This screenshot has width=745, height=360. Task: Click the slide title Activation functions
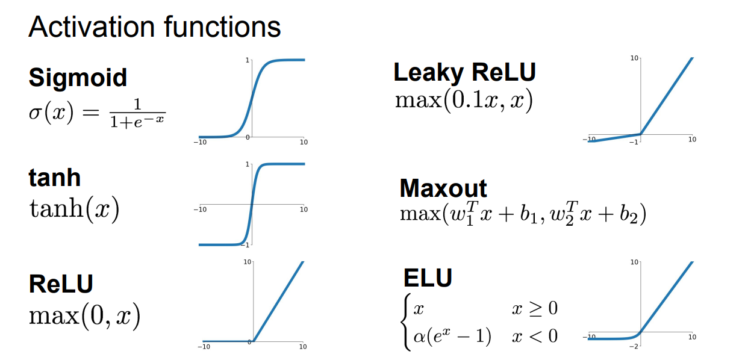pyautogui.click(x=154, y=27)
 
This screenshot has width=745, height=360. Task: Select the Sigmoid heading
pyautogui.click(x=78, y=78)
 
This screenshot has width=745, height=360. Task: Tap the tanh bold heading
pyautogui.click(x=54, y=178)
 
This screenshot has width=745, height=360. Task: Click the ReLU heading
pyautogui.click(x=61, y=284)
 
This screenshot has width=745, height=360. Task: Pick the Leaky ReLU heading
pyautogui.click(x=464, y=73)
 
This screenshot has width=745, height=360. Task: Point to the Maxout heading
pyautogui.click(x=443, y=188)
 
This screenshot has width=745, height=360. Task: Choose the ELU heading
pyautogui.click(x=428, y=278)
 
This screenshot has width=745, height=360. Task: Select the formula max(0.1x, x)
pyautogui.click(x=464, y=101)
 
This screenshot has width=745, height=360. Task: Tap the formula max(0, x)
pyautogui.click(x=84, y=315)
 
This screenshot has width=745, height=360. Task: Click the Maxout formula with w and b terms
pyautogui.click(x=523, y=215)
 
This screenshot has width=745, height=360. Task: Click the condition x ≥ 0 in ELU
pyautogui.click(x=535, y=309)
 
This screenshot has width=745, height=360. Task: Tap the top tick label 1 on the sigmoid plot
pyautogui.click(x=247, y=60)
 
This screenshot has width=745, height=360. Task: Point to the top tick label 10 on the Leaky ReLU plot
pyautogui.click(x=634, y=58)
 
